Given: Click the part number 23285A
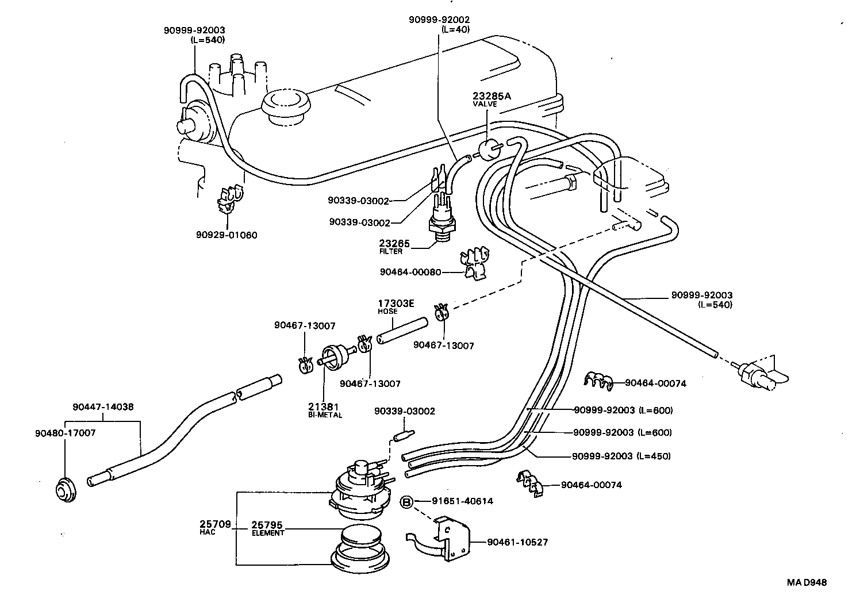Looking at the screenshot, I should coord(491,96).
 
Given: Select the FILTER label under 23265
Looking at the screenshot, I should coord(391,251).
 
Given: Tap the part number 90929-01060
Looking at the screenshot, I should coord(226,235).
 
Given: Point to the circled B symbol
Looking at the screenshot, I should coord(406,501).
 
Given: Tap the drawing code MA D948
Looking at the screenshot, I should coord(807,582).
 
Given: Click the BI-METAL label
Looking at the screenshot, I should coord(325,415).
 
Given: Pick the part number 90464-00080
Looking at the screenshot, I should coord(410,272).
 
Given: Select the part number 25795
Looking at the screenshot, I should coord(268,525).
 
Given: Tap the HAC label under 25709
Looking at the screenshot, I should coord(207,532).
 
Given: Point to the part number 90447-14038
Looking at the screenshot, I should coord(103,406).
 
